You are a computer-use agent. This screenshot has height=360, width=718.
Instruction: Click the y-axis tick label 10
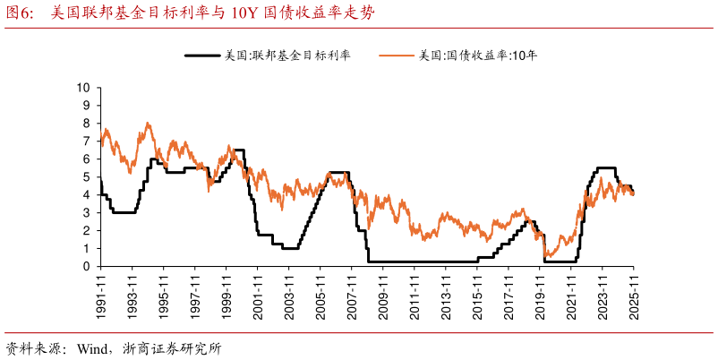click(85, 88)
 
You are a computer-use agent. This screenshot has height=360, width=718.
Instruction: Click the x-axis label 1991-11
click(100, 292)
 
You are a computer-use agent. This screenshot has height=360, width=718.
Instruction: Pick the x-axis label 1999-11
click(226, 292)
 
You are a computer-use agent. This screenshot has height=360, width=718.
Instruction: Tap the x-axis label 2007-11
click(351, 292)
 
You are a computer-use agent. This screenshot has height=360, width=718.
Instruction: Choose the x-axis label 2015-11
click(476, 292)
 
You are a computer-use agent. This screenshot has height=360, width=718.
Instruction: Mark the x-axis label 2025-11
click(633, 292)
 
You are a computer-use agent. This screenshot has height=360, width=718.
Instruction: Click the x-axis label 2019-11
click(539, 292)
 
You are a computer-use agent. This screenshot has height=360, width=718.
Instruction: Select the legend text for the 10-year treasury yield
click(478, 56)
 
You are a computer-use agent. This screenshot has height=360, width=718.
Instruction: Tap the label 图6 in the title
click(21, 13)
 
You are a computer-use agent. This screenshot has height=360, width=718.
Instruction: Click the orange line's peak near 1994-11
click(148, 124)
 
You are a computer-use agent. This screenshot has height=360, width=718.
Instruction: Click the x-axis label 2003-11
click(288, 292)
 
